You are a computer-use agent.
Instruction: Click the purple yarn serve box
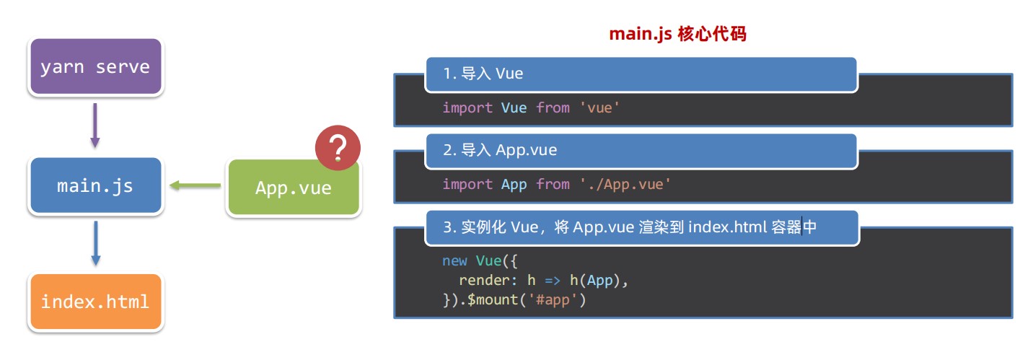pyautogui.click(x=96, y=66)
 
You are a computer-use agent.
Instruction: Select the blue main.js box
pyautogui.click(x=96, y=185)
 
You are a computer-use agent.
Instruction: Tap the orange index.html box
pyautogui.click(x=96, y=302)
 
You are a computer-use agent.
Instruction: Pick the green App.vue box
pyautogui.click(x=294, y=187)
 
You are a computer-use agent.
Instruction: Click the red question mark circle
pyautogui.click(x=338, y=148)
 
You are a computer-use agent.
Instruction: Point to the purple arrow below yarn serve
pyautogui.click(x=95, y=126)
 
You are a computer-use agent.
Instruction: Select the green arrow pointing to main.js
pyautogui.click(x=195, y=185)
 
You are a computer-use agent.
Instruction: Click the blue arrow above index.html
pyautogui.click(x=96, y=243)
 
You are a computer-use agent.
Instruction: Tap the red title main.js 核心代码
pyautogui.click(x=677, y=34)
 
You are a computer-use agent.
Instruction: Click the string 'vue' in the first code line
pyautogui.click(x=599, y=107)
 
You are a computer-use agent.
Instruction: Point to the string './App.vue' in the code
pyautogui.click(x=625, y=185)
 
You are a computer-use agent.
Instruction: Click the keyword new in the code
pyautogui.click(x=454, y=260)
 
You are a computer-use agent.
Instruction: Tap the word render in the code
pyautogui.click(x=485, y=280)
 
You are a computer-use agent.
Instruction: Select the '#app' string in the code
pyautogui.click(x=553, y=300)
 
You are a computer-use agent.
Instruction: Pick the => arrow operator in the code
pyautogui.click(x=553, y=280)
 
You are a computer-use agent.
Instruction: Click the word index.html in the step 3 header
pyautogui.click(x=727, y=227)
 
